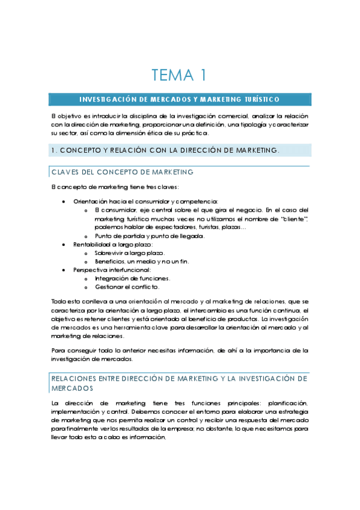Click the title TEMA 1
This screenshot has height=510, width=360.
coord(180,75)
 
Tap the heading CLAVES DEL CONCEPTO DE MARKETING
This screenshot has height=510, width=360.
coord(123,172)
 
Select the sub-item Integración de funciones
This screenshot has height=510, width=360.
coord(132,278)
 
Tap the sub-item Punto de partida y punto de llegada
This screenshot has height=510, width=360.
coord(150,236)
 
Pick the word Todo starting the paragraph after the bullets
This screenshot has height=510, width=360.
coord(58,301)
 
